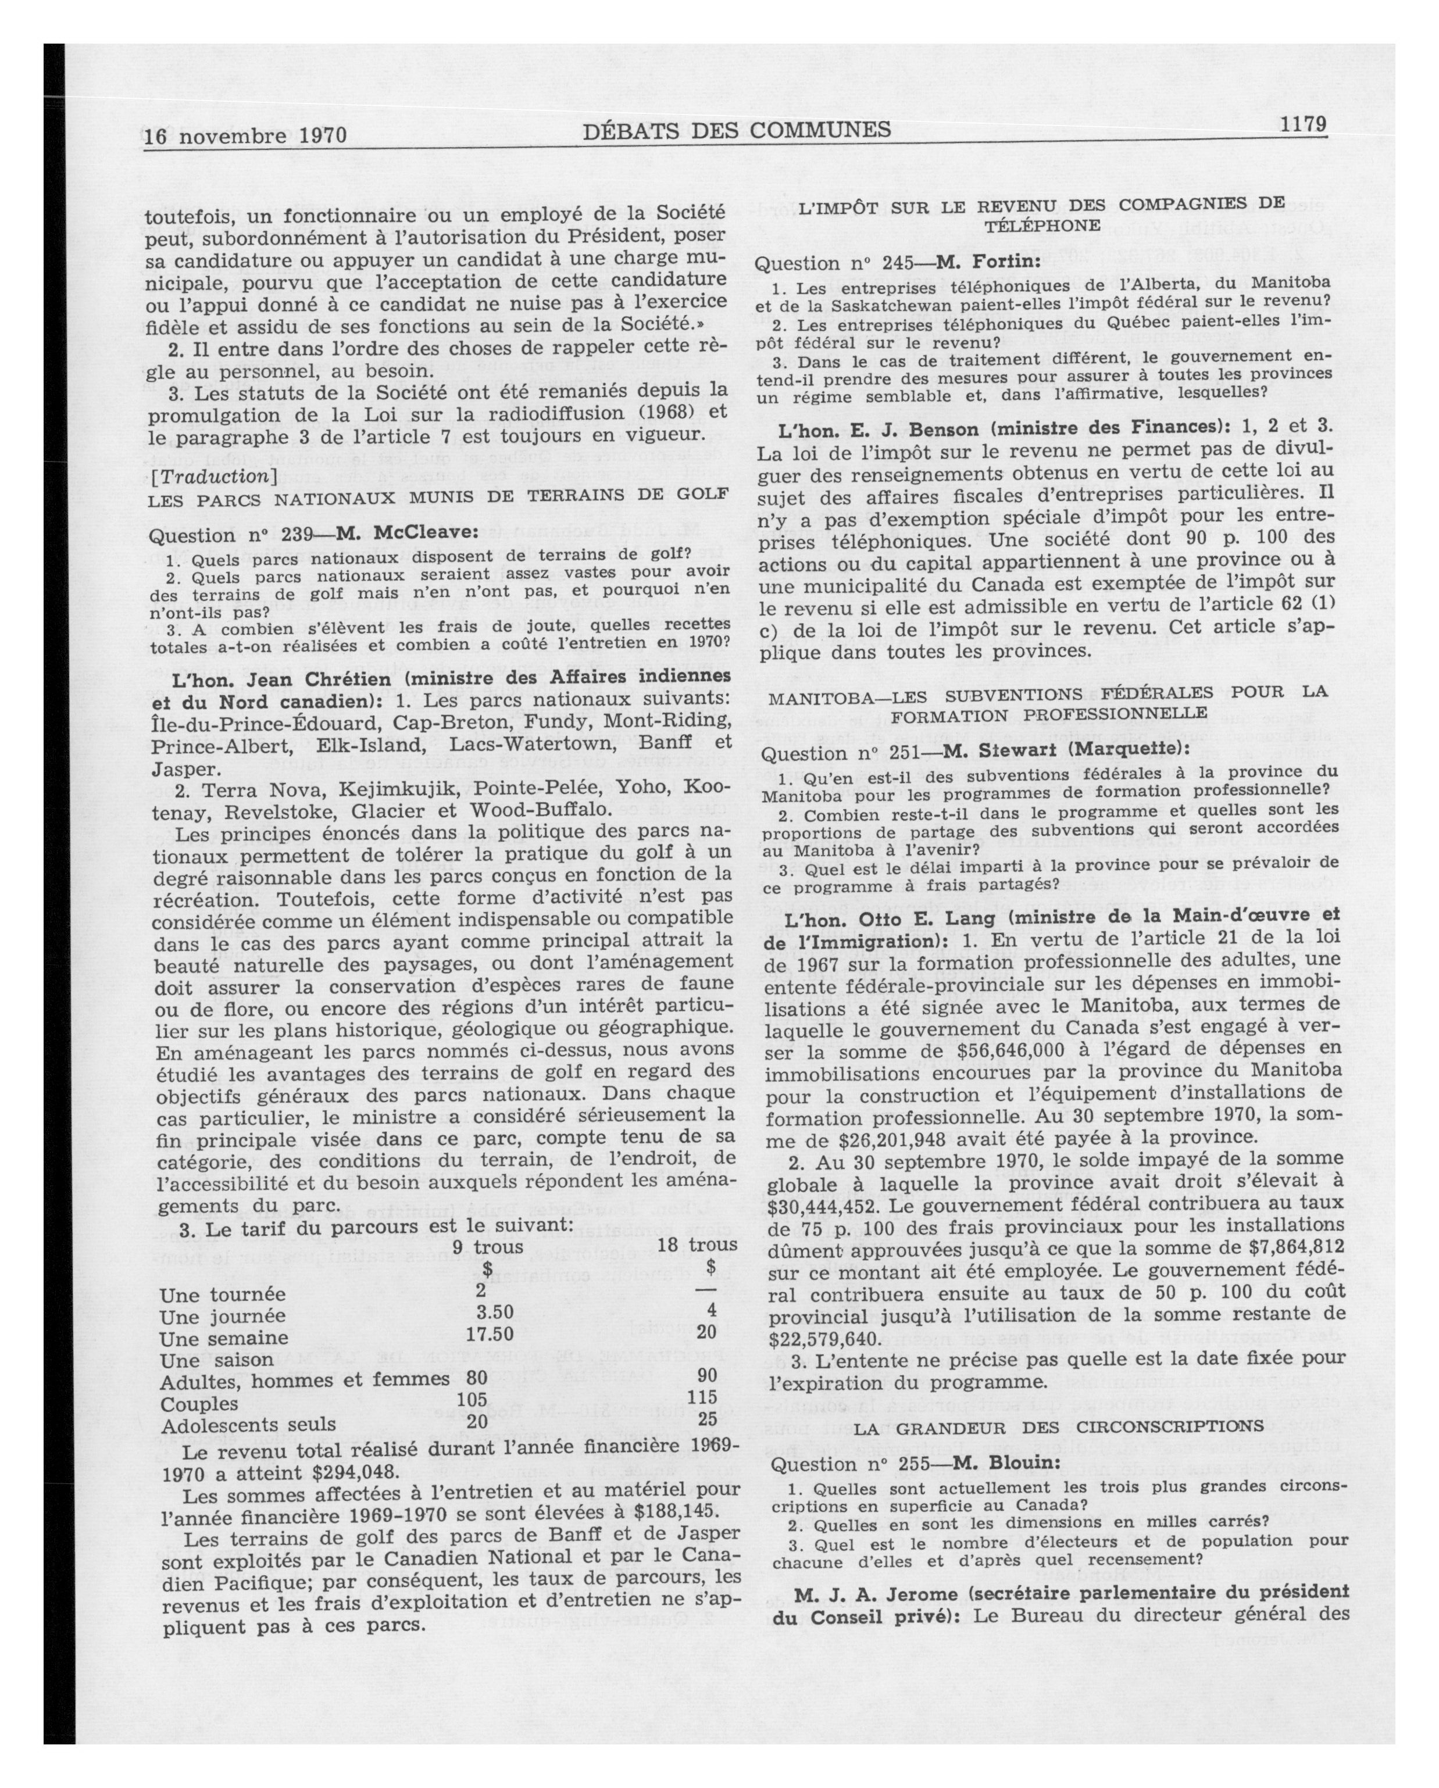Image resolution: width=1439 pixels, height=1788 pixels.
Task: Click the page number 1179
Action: tap(1303, 124)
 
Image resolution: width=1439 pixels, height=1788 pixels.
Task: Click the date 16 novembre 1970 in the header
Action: tap(245, 135)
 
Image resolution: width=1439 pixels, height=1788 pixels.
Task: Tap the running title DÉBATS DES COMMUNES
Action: tap(737, 130)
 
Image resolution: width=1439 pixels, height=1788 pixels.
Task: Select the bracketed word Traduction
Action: tap(212, 476)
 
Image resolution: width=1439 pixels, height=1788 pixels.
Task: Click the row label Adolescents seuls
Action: tap(248, 1425)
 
